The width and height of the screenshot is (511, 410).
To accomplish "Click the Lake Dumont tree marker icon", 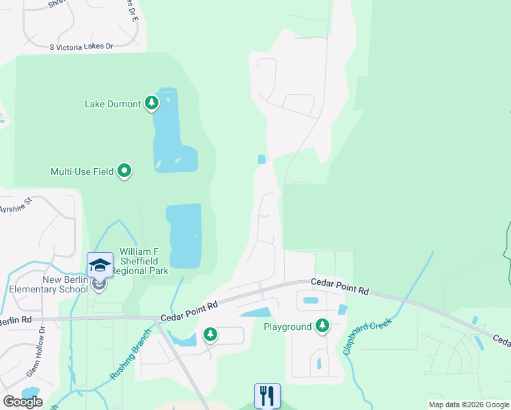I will (x=152, y=104).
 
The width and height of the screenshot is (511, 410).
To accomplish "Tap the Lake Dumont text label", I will (x=113, y=105).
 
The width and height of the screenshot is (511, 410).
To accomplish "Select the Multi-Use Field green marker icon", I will (x=124, y=171).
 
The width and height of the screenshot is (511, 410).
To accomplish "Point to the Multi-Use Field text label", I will (x=81, y=172).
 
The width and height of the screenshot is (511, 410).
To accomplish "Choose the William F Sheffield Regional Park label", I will (x=144, y=262).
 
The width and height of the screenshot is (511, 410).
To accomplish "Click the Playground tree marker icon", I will (x=322, y=327).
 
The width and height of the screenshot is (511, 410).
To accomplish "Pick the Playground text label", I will (x=288, y=327).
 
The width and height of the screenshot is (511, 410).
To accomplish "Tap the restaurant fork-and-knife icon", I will (x=267, y=396).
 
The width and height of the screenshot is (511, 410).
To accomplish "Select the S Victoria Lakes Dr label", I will (x=81, y=46).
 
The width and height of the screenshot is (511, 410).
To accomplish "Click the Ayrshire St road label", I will (x=16, y=206).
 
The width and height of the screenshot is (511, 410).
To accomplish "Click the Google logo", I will (x=23, y=402).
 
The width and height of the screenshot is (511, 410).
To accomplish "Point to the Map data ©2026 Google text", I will (x=469, y=405).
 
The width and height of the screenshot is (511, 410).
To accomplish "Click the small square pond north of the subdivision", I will (x=262, y=159).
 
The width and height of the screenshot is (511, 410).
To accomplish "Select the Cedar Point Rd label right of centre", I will (x=340, y=286).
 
